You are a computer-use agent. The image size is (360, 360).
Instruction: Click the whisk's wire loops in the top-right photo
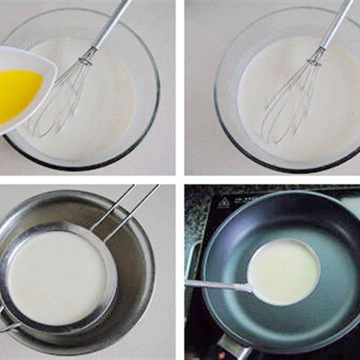[289, 97]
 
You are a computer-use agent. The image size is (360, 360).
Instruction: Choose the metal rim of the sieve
[112, 277]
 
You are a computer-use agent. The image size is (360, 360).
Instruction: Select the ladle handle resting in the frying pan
[217, 284]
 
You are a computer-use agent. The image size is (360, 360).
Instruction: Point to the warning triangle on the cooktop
[223, 202]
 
